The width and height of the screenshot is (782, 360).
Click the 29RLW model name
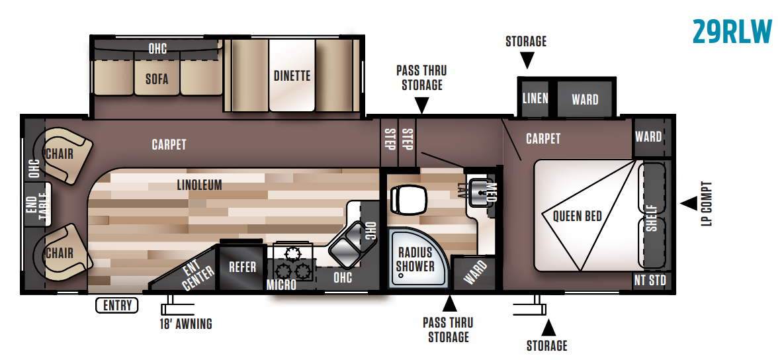tap(732, 31)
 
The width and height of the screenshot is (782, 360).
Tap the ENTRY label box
tap(118, 305)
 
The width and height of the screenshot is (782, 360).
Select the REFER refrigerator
tap(242, 267)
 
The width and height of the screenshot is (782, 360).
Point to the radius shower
tap(415, 259)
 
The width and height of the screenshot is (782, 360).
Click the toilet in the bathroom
tap(404, 198)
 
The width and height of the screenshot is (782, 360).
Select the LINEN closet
tap(535, 99)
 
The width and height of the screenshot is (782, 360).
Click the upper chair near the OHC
tap(65, 154)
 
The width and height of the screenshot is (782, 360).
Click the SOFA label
tap(157, 79)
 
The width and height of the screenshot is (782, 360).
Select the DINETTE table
tap(292, 75)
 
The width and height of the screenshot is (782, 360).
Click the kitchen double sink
tap(345, 247)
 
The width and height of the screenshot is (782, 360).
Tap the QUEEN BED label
tap(578, 216)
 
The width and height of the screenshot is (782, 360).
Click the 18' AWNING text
tap(186, 324)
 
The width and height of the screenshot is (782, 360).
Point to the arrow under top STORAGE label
tap(526, 61)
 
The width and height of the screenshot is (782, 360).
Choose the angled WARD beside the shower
tap(474, 272)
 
